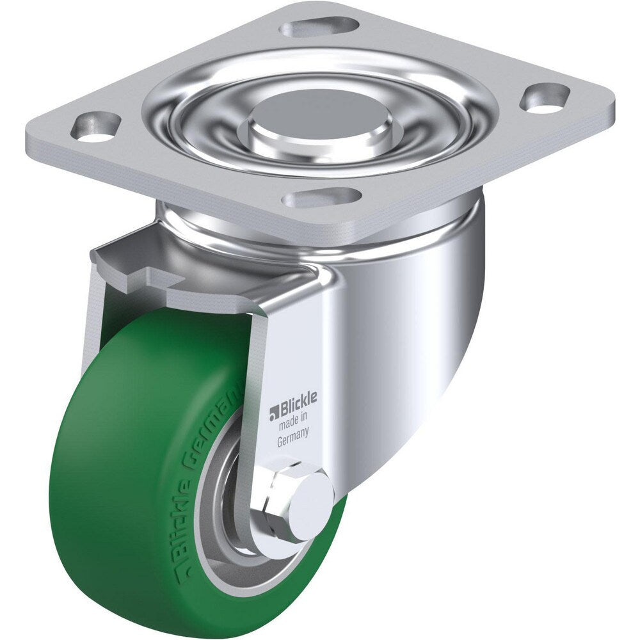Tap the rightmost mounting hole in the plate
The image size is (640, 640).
click(x=545, y=98)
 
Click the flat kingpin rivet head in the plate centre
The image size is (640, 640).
click(x=319, y=113)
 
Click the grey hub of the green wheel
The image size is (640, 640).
click(x=221, y=512)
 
